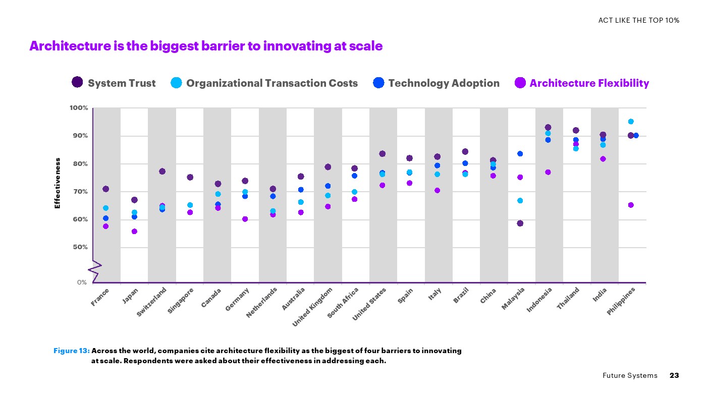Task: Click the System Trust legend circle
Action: (x=77, y=82)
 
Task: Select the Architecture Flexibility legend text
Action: (x=589, y=83)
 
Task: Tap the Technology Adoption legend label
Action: (x=444, y=83)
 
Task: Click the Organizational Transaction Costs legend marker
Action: (x=176, y=83)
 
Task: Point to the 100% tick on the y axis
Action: (x=79, y=108)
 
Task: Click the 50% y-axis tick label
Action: (x=79, y=247)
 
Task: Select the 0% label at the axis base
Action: (x=82, y=282)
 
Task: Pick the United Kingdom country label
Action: (x=313, y=306)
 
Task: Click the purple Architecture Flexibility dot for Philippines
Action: (x=631, y=205)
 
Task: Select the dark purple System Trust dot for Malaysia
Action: (x=520, y=223)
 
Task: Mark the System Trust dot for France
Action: (x=105, y=189)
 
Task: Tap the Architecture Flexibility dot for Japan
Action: (x=134, y=232)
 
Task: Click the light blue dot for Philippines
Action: (x=631, y=122)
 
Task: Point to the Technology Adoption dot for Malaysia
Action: (x=520, y=154)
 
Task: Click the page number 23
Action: (x=674, y=375)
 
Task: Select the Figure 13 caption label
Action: (x=72, y=351)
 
